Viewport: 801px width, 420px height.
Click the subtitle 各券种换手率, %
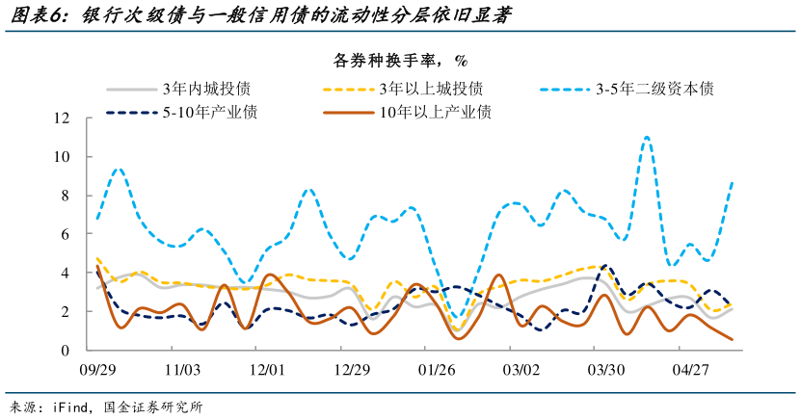(x=400, y=61)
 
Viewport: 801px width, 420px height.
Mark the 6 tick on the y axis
(x=64, y=234)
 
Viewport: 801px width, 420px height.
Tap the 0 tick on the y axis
(x=64, y=351)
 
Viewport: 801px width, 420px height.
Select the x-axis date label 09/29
(x=97, y=370)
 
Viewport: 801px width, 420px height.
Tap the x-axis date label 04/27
(x=691, y=370)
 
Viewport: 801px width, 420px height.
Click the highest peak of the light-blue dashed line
(x=647, y=137)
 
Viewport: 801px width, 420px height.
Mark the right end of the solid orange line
(x=732, y=339)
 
